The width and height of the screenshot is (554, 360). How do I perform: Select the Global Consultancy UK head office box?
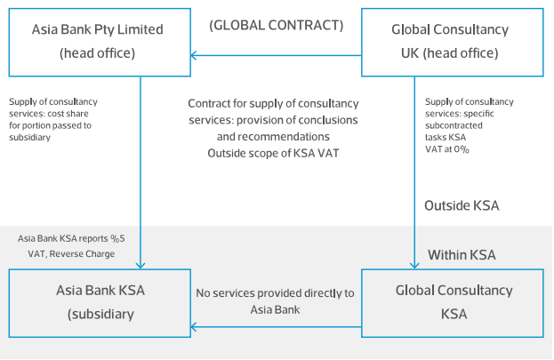(451, 41)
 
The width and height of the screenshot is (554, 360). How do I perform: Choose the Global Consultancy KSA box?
(451, 302)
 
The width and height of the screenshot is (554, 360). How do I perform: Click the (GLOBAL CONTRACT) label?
(277, 25)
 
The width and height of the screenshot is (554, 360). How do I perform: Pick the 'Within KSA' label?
(462, 254)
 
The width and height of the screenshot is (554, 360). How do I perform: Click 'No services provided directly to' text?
(276, 292)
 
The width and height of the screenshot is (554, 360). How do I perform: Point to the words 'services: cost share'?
(52, 114)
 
